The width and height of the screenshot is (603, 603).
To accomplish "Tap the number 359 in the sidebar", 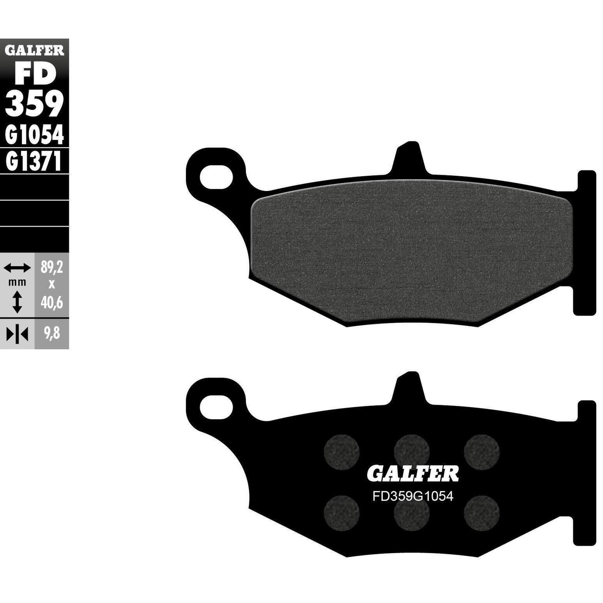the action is (34, 104).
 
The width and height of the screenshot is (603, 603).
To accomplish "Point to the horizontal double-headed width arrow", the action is (17, 267).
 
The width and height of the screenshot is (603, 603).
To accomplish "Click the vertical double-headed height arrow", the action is (17, 302).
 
